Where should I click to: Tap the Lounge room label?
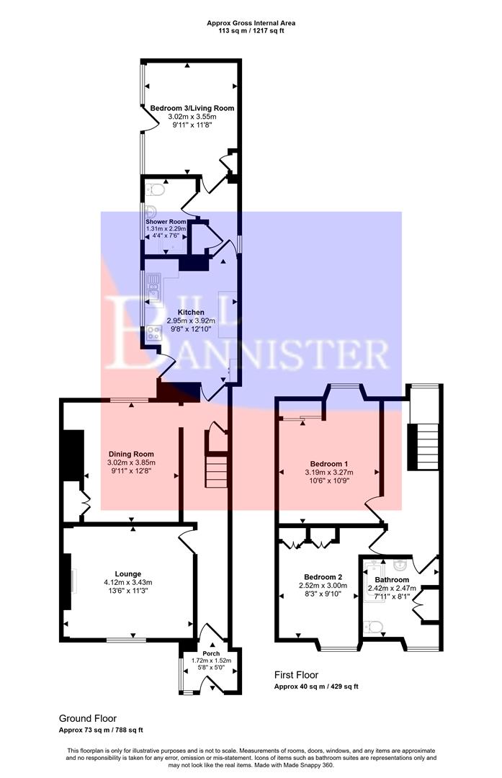coord(127,574)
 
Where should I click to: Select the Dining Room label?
coord(131,454)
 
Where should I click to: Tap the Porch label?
coord(211,653)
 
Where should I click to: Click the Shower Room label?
coord(167,221)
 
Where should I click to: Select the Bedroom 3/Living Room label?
coord(192,108)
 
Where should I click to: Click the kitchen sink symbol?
coord(154,290)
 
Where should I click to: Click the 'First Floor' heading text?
coord(296,675)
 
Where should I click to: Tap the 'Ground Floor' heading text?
coord(87,718)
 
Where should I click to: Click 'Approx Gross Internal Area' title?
coord(251,23)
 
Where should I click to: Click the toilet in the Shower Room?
coord(155,190)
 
